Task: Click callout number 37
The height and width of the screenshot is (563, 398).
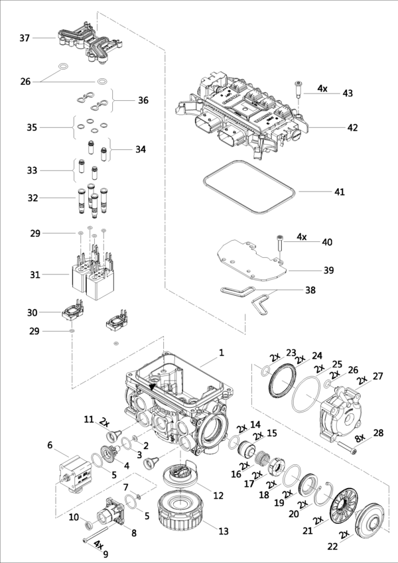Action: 25,38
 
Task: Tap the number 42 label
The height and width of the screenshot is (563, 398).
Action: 352,127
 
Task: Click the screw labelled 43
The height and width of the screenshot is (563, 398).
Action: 298,90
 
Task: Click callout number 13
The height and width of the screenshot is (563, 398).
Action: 224,531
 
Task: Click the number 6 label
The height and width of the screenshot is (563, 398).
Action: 50,445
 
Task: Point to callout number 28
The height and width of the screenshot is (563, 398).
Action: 378,433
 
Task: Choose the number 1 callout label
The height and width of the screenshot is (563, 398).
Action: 222,353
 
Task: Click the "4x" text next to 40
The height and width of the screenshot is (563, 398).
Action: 302,237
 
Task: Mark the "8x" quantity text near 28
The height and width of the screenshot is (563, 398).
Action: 360,437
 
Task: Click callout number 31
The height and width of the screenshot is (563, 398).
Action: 35,275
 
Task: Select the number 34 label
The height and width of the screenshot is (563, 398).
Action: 141,149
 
